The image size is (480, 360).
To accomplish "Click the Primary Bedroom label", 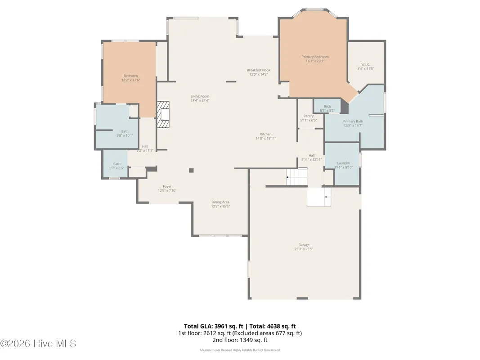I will [315, 57].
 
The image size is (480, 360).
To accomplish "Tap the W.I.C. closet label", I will [365, 64].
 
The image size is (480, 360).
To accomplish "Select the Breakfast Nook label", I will [259, 70].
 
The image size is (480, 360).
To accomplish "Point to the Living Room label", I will [200, 96].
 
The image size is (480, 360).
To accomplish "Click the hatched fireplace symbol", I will [163, 114].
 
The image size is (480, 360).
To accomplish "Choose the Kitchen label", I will [266, 134].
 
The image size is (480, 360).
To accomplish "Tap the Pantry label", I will [308, 116].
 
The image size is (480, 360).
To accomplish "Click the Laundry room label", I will [343, 163].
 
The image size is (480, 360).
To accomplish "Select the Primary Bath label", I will [353, 121].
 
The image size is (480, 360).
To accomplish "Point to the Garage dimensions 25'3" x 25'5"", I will [304, 249].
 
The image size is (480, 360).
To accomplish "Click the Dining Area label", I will [220, 202].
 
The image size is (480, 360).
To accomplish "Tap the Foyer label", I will [167, 186].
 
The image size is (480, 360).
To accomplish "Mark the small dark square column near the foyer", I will [191, 170].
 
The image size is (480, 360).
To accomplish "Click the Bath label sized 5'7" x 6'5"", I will [117, 164].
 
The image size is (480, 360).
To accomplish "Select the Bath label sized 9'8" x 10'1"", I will [125, 131].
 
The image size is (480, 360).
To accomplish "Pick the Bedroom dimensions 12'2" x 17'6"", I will [130, 80].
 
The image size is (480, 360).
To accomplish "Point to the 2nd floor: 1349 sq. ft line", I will [240, 340].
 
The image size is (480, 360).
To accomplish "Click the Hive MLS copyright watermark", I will [38, 344].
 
